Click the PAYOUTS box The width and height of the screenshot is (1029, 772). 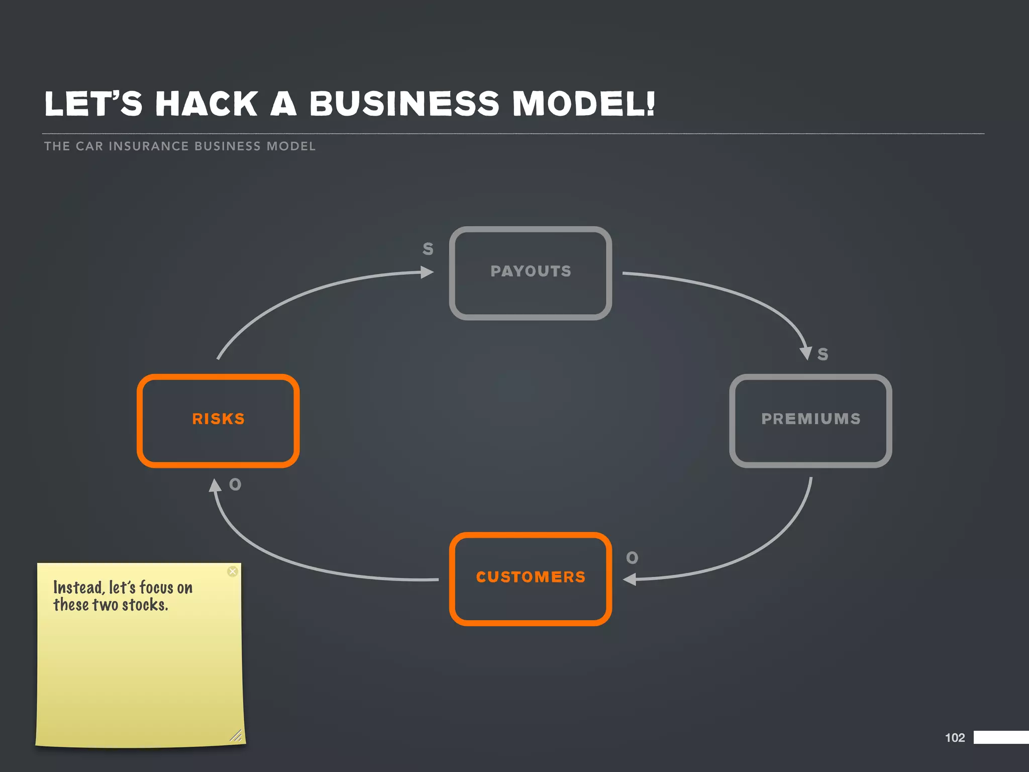[x=530, y=273]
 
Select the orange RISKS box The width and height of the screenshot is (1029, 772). [x=218, y=421]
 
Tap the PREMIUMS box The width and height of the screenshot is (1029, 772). [x=810, y=421]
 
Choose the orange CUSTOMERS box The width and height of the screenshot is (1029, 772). [x=530, y=578]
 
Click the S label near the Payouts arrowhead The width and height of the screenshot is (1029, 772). [x=428, y=249]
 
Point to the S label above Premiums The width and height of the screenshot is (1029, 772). [x=822, y=354]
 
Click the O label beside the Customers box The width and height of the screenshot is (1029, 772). [x=632, y=558]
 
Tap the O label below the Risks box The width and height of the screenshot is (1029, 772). [x=235, y=485]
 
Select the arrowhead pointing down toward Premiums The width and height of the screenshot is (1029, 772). [x=806, y=353]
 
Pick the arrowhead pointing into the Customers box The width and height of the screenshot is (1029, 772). [x=630, y=580]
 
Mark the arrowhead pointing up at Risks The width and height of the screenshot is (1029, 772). [x=215, y=485]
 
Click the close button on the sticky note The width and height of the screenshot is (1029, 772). [x=232, y=571]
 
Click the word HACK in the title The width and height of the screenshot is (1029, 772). [x=207, y=104]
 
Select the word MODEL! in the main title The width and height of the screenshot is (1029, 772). [x=583, y=104]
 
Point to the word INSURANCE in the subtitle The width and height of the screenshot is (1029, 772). [x=149, y=146]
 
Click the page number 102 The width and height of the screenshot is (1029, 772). [x=955, y=737]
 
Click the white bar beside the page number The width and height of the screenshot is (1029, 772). [x=1001, y=737]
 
